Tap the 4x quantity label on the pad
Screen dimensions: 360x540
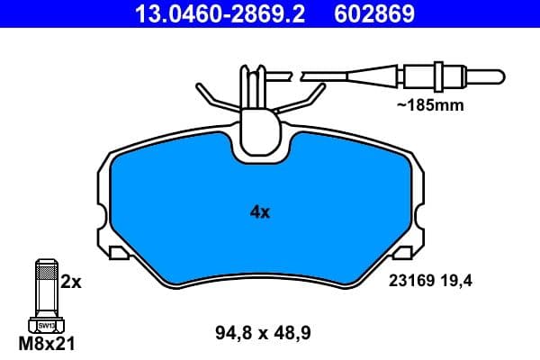[259, 212]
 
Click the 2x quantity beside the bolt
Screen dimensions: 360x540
[71, 282]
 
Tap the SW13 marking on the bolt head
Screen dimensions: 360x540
[45, 323]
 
